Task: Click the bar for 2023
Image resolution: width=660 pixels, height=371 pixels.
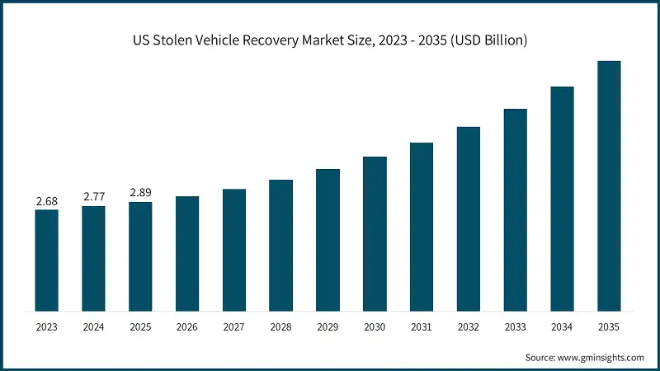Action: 46,261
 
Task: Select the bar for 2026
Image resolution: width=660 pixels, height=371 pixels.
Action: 187,254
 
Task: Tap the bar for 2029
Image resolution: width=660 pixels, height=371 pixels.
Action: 328,240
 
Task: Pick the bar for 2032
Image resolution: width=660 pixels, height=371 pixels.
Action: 469,219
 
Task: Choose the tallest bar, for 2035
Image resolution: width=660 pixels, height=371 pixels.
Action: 609,186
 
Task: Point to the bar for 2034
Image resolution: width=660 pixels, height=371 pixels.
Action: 562,199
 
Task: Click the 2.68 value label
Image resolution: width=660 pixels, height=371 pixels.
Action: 46,201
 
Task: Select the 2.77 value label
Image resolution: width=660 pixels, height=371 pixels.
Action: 93,197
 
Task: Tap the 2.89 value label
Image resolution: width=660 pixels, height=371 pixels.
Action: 140,192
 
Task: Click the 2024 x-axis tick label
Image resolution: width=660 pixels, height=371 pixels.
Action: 93,327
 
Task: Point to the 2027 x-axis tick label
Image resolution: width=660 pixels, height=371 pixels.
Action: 234,327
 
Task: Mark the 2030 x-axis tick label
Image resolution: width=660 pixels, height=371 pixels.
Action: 375,327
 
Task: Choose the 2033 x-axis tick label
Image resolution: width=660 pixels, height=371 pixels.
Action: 516,327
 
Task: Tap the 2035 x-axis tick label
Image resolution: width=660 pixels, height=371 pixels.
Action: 609,327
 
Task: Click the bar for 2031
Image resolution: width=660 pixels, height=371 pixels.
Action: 422,227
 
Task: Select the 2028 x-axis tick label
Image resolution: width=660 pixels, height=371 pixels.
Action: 281,327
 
